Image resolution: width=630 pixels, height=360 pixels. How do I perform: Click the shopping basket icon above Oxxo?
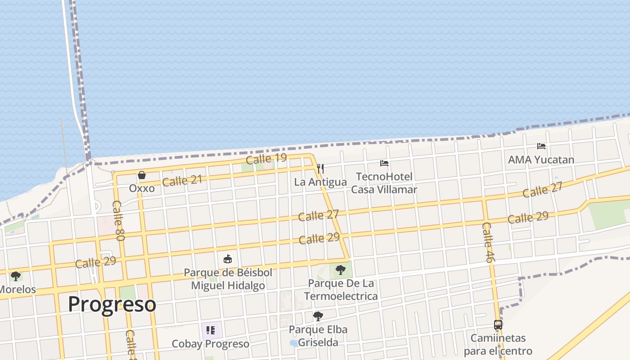[x=142, y=175]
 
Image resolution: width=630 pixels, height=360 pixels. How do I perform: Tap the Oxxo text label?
[x=142, y=188]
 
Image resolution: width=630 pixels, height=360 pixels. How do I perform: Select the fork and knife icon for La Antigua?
[x=320, y=169]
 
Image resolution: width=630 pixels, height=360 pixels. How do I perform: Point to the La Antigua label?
[x=320, y=182]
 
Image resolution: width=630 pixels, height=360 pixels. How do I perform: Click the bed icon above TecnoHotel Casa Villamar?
[x=384, y=163]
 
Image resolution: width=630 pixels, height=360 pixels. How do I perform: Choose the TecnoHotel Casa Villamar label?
[x=384, y=183]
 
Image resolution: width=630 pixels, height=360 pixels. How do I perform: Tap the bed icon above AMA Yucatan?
[x=541, y=146]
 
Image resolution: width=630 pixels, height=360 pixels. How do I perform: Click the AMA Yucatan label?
[x=541, y=160]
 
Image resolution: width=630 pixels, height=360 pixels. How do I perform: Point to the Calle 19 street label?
[x=266, y=158]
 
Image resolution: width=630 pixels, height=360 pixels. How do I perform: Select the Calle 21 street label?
[x=182, y=181]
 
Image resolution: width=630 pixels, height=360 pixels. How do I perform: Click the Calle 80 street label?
[x=118, y=220]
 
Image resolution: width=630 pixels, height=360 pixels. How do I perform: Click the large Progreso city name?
[x=112, y=304]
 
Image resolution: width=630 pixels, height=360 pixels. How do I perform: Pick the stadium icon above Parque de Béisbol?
[x=228, y=259]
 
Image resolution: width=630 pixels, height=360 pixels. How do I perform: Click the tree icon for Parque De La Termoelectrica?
[x=341, y=270]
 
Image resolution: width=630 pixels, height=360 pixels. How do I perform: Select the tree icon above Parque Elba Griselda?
[x=318, y=316]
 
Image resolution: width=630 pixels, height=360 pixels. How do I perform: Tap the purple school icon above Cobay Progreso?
[x=211, y=330]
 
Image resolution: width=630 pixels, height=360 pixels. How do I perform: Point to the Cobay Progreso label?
[x=211, y=344]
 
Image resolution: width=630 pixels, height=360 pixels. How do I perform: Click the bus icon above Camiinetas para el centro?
[x=498, y=324]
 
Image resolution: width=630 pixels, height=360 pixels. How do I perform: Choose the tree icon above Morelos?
[x=16, y=276]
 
